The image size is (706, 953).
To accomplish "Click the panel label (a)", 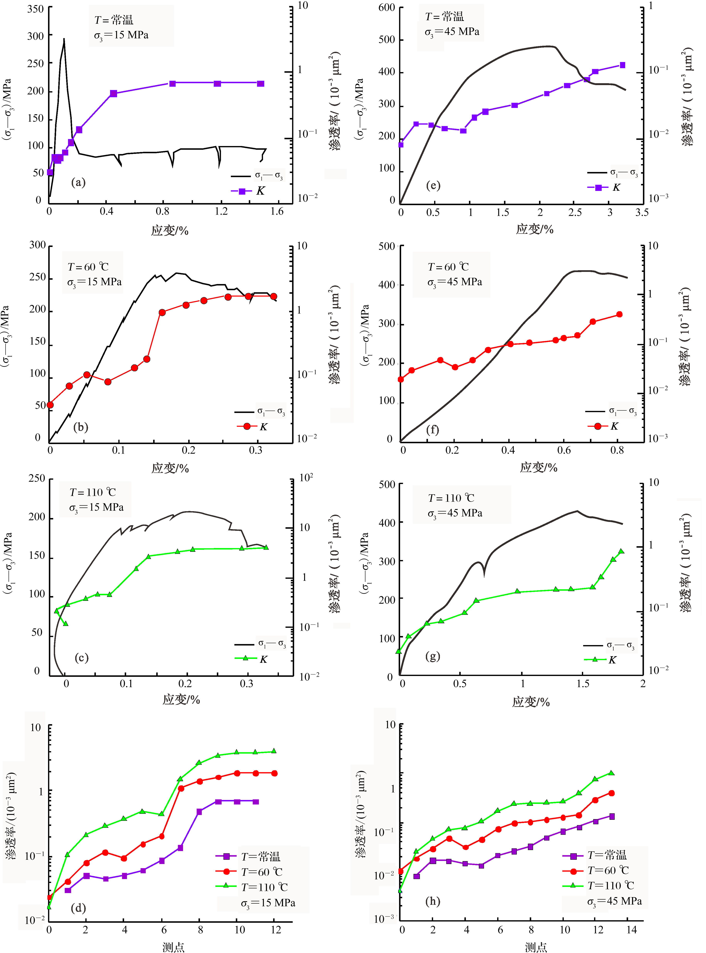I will click(x=78, y=183).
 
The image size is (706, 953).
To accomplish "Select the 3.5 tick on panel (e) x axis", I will click(x=641, y=212).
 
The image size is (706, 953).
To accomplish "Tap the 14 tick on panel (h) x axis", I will click(x=631, y=929).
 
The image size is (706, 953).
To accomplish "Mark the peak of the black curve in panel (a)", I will click(x=64, y=39).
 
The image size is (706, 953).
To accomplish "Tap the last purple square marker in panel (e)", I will click(x=622, y=65).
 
